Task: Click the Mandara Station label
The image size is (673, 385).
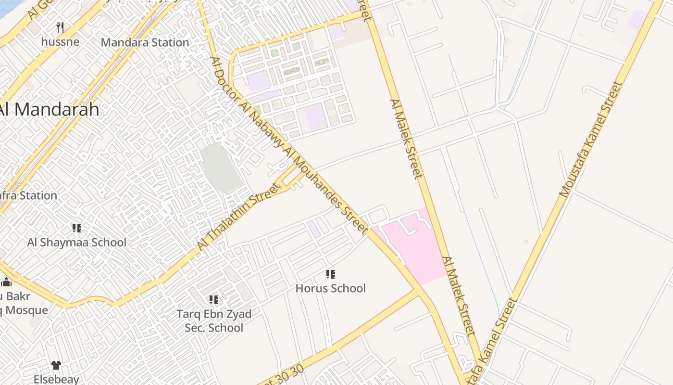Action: (x=145, y=42)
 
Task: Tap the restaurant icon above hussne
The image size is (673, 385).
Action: (x=60, y=27)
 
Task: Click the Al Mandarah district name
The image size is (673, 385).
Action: (x=49, y=109)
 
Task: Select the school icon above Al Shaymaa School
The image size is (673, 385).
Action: (x=76, y=228)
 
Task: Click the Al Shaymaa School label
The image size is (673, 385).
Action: (x=76, y=242)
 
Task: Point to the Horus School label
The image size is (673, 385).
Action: (x=330, y=288)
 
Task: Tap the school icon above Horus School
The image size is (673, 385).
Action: (x=330, y=274)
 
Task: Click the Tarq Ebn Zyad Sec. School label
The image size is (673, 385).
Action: (x=213, y=321)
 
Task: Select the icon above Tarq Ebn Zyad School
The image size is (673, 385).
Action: (x=214, y=300)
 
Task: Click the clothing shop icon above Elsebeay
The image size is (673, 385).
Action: (x=56, y=365)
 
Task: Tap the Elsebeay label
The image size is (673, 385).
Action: (x=56, y=379)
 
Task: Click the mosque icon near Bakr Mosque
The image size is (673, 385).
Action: (x=6, y=282)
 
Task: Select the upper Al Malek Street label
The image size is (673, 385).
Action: (x=406, y=139)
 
